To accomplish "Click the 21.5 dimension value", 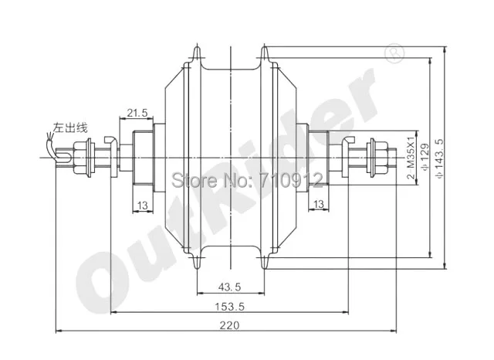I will pos(137,113).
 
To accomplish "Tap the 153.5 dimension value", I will pos(228,305).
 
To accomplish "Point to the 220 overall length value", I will pos(228,325).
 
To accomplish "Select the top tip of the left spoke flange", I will pos(195,52).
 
